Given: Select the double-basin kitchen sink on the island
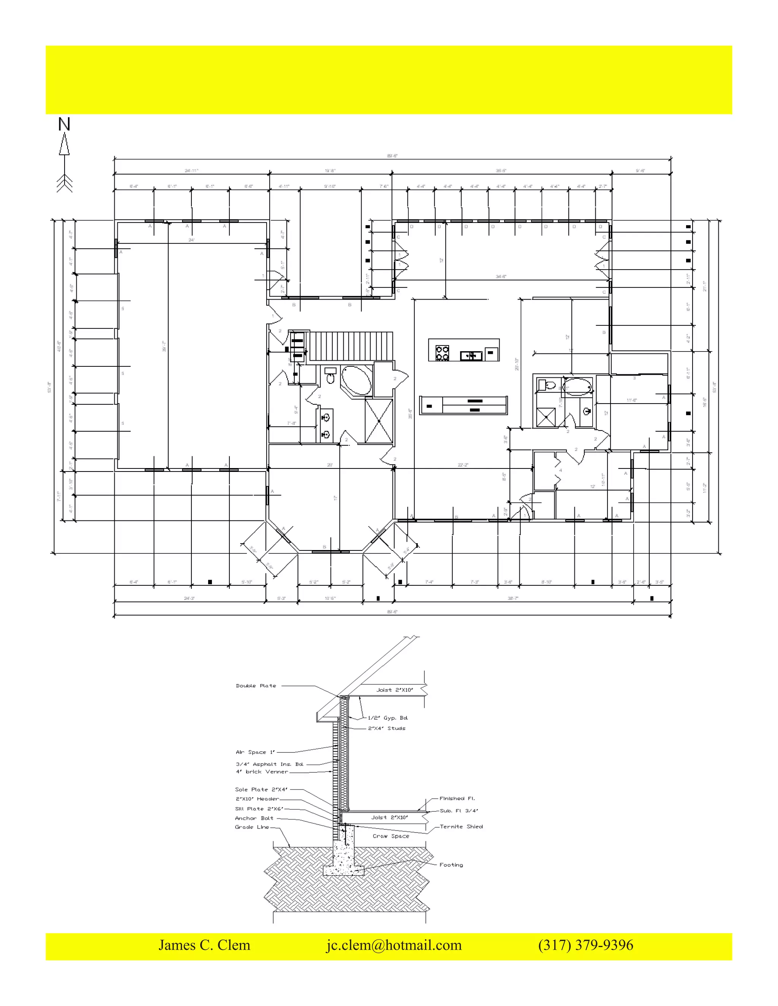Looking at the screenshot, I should coord(471,356).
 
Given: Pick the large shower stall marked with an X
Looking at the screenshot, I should coord(378,421).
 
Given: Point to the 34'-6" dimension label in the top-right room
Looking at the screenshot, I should coord(501,277).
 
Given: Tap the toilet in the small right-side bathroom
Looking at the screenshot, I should coord(549,385).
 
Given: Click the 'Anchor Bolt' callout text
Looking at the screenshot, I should coord(254,818).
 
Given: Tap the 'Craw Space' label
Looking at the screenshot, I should coord(391,836).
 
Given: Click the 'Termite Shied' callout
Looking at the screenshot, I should coord(461,827).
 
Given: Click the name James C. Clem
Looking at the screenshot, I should coord(204,945).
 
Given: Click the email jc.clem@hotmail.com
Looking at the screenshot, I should coord(394,945).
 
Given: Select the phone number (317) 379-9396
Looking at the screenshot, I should coord(585,945).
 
